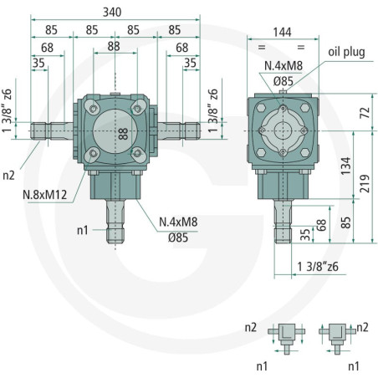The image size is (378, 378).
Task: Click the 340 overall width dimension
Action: click(x=112, y=13)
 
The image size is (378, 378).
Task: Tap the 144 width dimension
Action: click(x=282, y=32)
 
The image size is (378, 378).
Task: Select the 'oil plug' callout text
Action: click(x=346, y=52)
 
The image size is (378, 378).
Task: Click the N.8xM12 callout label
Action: click(x=45, y=195)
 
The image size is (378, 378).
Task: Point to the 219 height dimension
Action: click(x=365, y=184)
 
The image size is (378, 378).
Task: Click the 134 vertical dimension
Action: click(x=346, y=166)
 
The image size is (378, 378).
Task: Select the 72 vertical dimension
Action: click(x=365, y=112)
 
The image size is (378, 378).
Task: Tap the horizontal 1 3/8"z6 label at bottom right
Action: click(x=318, y=267)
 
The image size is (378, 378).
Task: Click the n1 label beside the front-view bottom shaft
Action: click(x=83, y=230)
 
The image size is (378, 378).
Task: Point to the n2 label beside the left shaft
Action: click(x=8, y=176)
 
